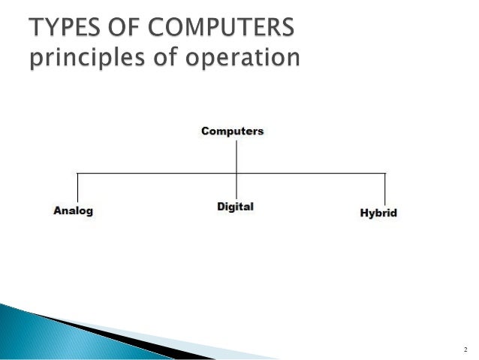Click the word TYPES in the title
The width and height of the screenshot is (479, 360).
65,29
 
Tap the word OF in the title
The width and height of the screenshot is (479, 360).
130,29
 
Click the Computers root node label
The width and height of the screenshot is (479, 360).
233,131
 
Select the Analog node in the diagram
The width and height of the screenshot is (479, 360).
74,211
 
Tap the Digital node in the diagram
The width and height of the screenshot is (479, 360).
235,206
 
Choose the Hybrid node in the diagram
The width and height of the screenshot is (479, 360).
378,213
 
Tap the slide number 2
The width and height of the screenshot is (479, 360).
465,349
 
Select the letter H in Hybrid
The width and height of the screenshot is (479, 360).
365,213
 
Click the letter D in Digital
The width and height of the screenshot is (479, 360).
221,206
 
